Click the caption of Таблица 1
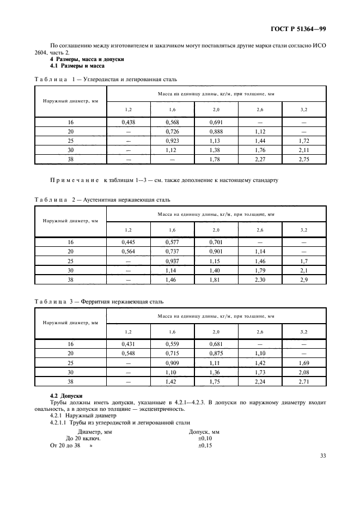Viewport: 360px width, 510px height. coord(106,80)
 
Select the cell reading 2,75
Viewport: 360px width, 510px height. coord(304,159)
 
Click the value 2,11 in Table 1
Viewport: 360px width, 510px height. coord(304,150)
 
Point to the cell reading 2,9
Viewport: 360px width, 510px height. coord(304,280)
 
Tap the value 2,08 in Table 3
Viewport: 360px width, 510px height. coord(304,372)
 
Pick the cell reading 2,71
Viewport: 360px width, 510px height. coord(304,381)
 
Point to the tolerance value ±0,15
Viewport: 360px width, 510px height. coord(205,445)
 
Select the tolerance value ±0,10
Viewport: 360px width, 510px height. coord(205,438)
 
